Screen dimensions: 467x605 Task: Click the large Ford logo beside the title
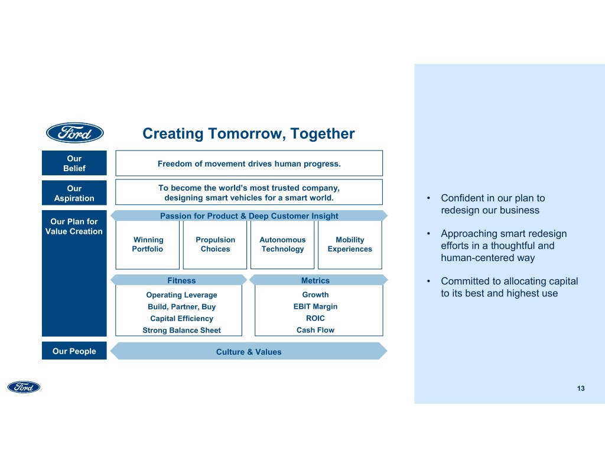click(75, 133)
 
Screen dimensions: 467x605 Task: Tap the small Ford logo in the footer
click(24, 387)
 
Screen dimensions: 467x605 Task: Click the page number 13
click(581, 388)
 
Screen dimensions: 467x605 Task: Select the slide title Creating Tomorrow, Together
click(249, 134)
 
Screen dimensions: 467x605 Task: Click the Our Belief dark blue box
click(74, 164)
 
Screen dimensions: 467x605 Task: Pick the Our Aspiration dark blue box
click(74, 194)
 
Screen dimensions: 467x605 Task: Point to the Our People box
click(74, 351)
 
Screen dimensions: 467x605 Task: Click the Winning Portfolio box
click(148, 244)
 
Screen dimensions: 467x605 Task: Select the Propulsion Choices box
click(215, 244)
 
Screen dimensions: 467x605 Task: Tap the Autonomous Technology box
click(282, 244)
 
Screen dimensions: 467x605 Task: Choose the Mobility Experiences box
click(350, 244)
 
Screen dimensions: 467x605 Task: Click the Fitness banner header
click(181, 280)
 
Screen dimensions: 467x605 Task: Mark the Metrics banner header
click(315, 280)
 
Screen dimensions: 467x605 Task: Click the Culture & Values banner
click(249, 352)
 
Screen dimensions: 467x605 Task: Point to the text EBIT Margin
click(315, 306)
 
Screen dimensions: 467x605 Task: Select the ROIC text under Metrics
click(315, 318)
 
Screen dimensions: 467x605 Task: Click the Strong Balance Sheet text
click(181, 331)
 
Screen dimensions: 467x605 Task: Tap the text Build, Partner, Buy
click(181, 307)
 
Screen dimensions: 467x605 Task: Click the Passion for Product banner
click(249, 216)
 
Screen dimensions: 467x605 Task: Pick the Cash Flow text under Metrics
click(315, 330)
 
